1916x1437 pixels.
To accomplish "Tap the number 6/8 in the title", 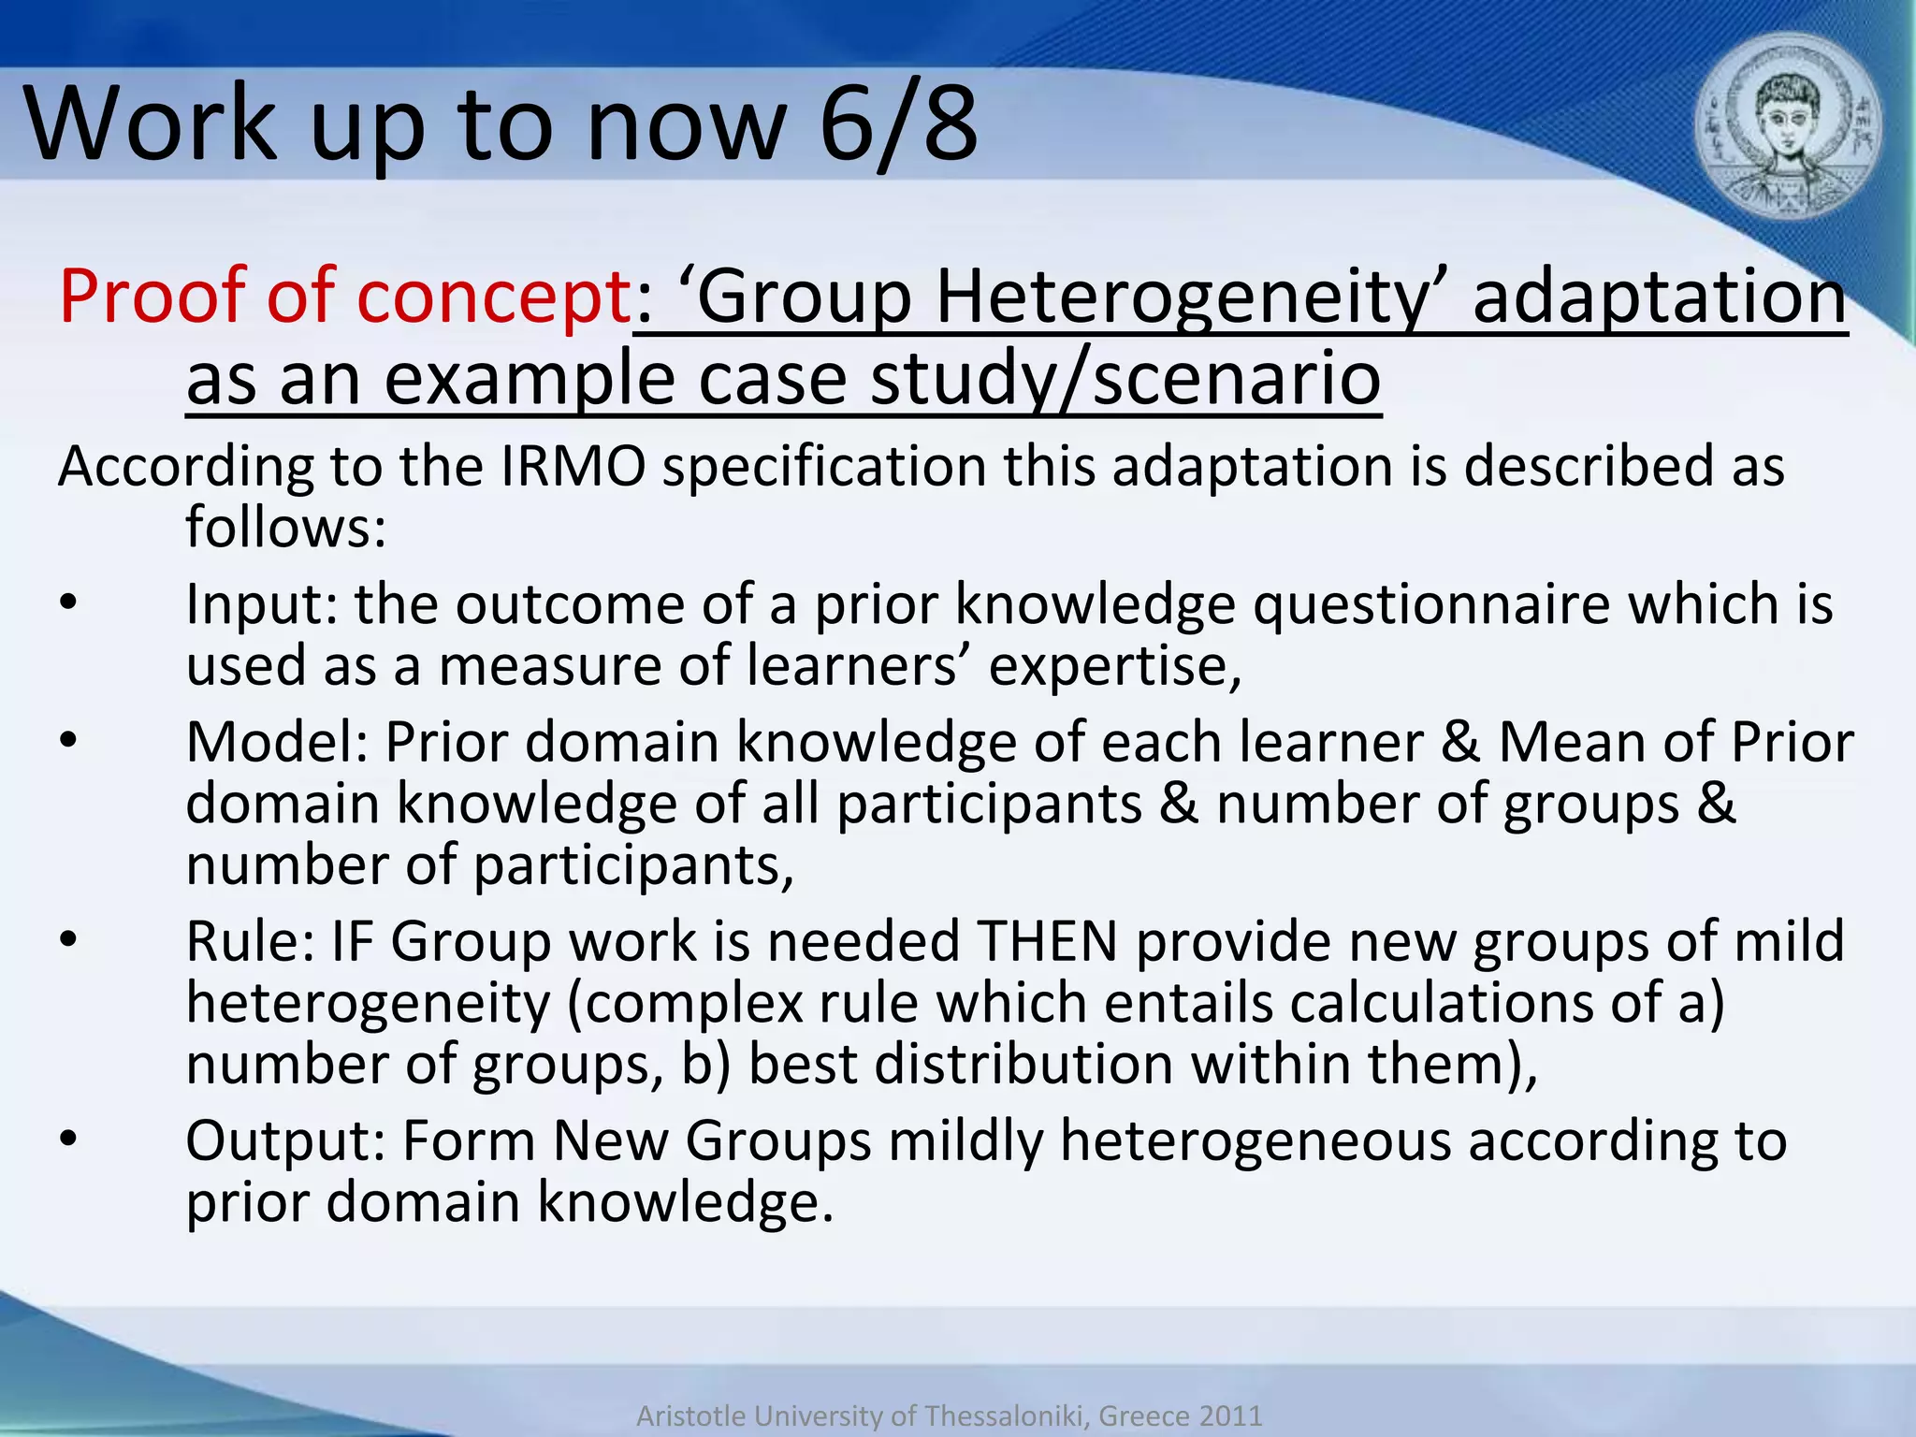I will pos(898,123).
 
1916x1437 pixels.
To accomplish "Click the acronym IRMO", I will pos(573,466).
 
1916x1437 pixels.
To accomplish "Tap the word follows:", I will pos(285,527).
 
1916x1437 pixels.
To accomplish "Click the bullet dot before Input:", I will pos(67,603).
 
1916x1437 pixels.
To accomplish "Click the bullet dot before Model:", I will pos(67,741).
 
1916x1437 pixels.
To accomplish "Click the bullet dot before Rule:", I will pos(67,940).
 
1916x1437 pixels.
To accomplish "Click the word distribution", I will pos(960,1065).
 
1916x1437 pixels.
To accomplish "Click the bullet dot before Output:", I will pos(67,1139).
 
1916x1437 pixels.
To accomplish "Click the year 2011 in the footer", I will pos(1227,1415).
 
